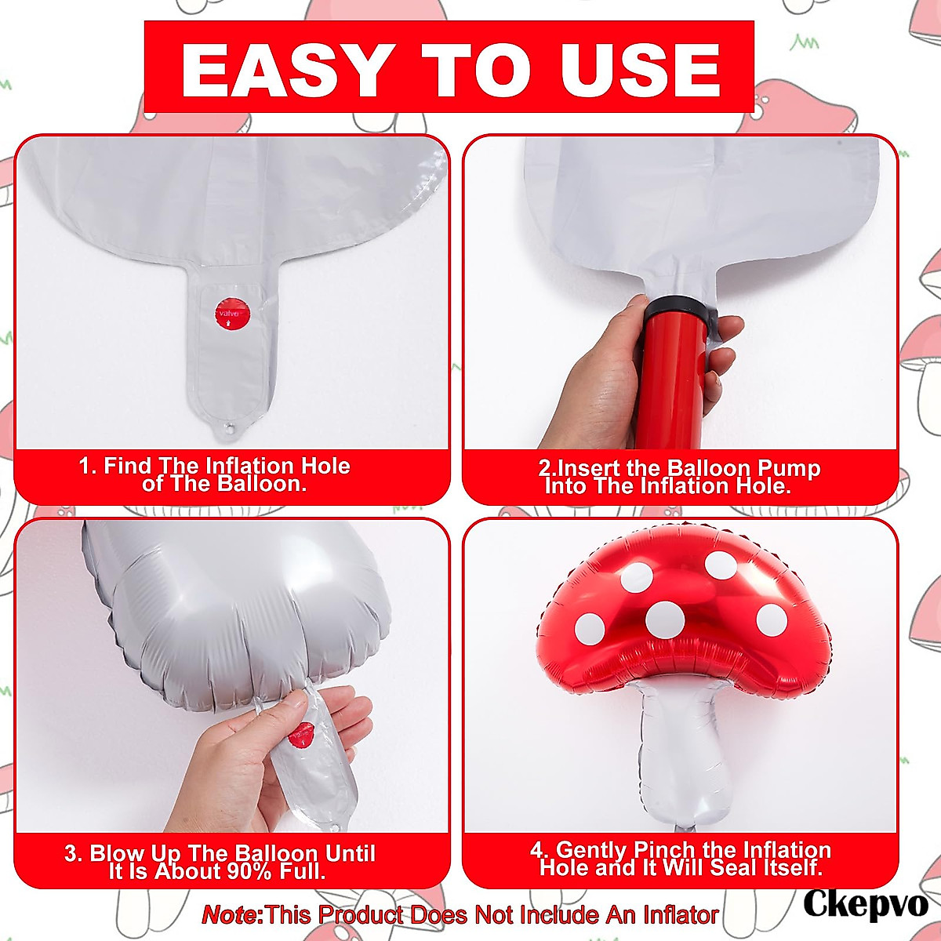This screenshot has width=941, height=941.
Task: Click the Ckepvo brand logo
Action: pos(865,903)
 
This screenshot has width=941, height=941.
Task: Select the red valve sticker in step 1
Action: pos(229,313)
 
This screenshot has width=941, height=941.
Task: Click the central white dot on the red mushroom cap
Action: pos(665,619)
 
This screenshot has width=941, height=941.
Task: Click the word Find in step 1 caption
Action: pos(127,466)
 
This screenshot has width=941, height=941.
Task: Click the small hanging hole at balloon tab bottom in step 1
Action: pos(230,429)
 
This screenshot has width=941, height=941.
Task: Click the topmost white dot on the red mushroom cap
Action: pos(720,564)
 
